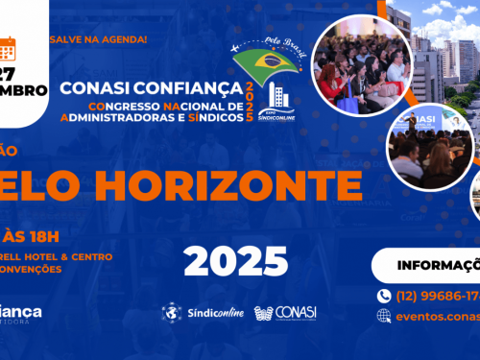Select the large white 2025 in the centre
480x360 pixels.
236,259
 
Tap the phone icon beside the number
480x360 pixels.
385,296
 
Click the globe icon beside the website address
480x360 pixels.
385,315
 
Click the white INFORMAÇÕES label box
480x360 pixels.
428,265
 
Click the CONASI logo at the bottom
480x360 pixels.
286,313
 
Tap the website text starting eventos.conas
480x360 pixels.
438,315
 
